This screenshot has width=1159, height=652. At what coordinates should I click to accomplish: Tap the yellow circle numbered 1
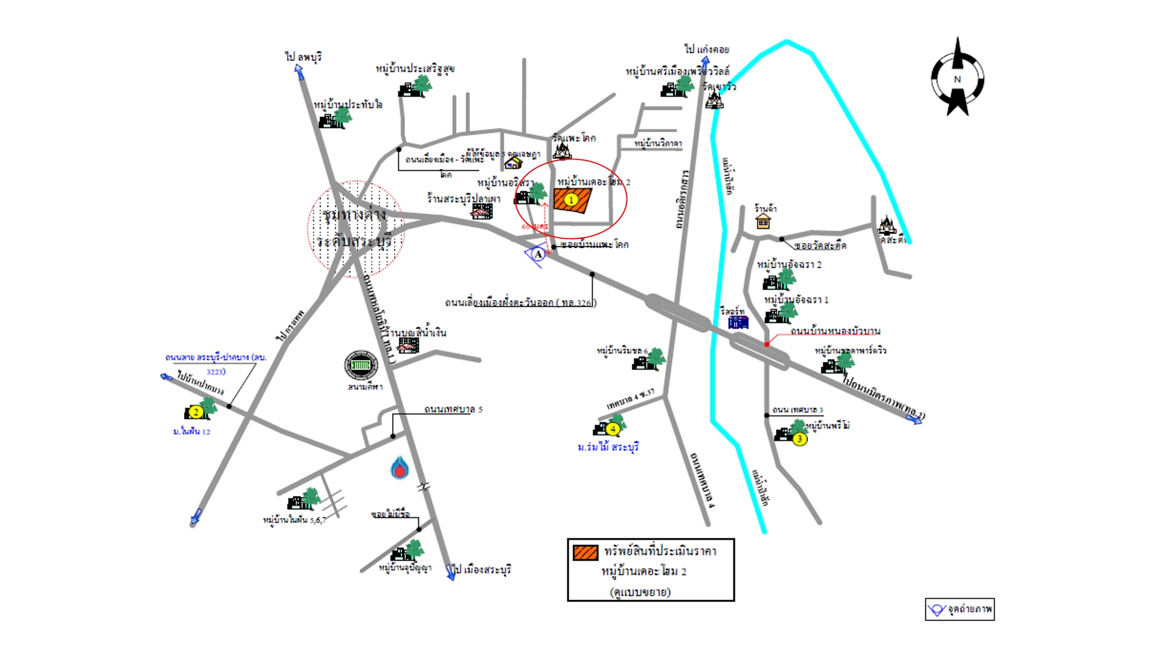[571, 200]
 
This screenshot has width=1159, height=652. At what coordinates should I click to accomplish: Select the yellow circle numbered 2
[196, 412]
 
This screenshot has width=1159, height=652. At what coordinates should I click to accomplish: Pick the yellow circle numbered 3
[800, 439]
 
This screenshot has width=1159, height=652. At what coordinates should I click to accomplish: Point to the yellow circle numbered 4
[613, 429]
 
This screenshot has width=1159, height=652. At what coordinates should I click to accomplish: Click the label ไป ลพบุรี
[304, 57]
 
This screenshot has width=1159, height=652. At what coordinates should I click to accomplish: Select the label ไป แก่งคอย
[706, 49]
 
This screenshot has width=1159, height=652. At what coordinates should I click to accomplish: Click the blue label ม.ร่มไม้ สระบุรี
[608, 447]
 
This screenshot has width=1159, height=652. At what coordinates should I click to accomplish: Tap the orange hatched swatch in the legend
[585, 552]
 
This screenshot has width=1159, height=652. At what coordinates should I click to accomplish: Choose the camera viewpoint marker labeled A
[537, 255]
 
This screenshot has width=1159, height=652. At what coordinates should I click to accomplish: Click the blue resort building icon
[738, 322]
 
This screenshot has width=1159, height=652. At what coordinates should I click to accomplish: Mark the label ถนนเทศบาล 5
[453, 409]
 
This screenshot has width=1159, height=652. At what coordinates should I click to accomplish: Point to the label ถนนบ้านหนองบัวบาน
[835, 331]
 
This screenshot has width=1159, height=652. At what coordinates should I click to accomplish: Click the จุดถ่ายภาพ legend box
[960, 609]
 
